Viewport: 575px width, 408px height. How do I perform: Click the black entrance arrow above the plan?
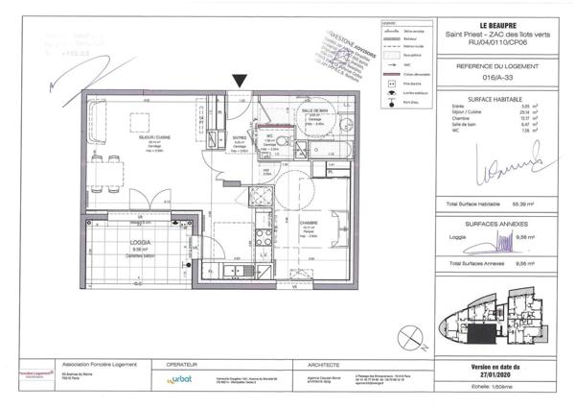pyautogui.click(x=239, y=83)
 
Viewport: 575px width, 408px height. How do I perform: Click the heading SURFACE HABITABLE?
pyautogui.click(x=489, y=99)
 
